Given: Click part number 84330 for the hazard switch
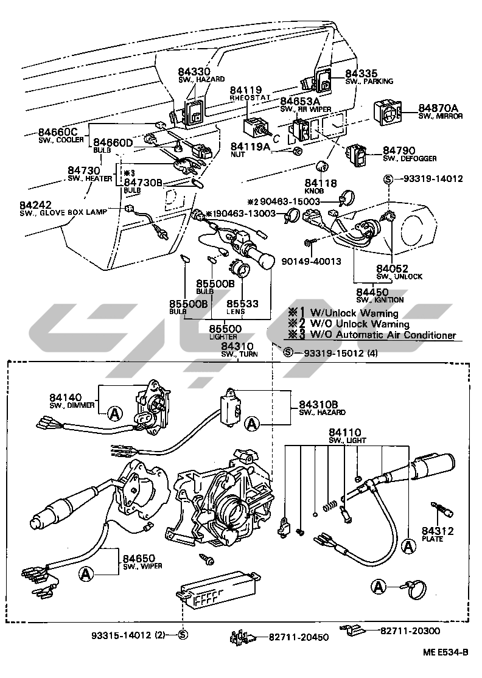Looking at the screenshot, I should coord(193,71).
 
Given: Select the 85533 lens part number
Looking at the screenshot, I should coord(242,303).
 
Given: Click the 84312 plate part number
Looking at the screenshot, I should coord(438,531).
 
